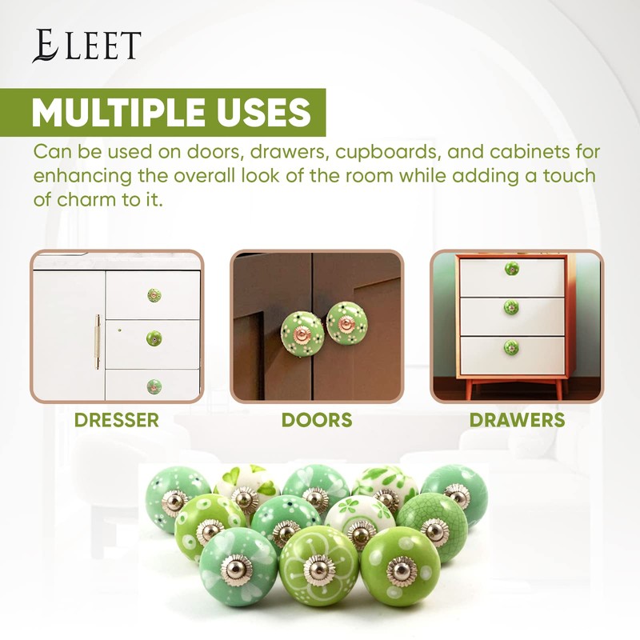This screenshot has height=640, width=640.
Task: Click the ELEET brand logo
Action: (x=86, y=46)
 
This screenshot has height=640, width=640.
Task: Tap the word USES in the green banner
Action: (x=262, y=113)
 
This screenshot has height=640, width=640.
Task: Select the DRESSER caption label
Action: (x=116, y=420)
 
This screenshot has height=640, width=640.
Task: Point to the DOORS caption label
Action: (x=317, y=420)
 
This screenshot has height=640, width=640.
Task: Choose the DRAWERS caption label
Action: (x=517, y=420)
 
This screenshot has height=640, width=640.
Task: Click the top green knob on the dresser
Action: (x=154, y=295)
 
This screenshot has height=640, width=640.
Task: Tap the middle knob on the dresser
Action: (x=154, y=338)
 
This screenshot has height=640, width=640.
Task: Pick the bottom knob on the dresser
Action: (x=154, y=386)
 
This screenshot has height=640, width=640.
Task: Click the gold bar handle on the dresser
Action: (x=98, y=342)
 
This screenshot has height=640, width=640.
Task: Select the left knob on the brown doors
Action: (x=302, y=327)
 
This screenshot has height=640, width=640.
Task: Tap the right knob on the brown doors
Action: (x=346, y=325)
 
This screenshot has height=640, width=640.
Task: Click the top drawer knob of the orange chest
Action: (x=511, y=269)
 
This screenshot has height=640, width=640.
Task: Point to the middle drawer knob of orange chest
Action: (x=511, y=307)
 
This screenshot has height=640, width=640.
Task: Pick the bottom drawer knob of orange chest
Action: (x=511, y=347)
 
